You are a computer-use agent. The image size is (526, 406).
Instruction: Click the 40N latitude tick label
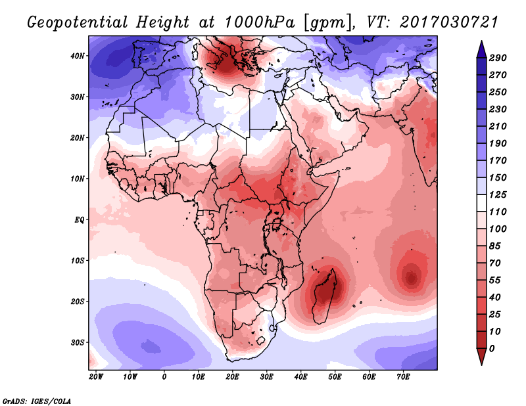[x=78, y=56]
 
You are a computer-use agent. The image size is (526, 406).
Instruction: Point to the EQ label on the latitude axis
[x=80, y=220]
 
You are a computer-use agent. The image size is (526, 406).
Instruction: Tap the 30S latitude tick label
[x=78, y=343]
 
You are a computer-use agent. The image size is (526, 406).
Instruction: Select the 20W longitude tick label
[x=96, y=377]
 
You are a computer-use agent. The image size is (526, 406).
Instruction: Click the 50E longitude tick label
[x=335, y=377]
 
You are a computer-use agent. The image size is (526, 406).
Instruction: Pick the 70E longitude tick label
[x=403, y=377]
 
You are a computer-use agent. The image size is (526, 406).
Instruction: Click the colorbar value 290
[x=498, y=58]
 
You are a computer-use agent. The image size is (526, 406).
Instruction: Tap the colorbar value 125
[x=498, y=194]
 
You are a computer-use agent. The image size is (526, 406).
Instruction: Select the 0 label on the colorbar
[x=492, y=349]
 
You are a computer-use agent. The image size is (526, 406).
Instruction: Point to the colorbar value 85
[x=495, y=246]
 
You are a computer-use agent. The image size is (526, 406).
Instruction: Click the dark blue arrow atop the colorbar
[x=481, y=49]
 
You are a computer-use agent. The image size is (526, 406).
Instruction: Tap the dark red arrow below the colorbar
[x=481, y=357]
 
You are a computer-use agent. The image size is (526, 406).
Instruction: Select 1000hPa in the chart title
[x=260, y=22]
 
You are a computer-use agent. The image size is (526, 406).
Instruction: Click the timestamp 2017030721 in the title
[x=449, y=22]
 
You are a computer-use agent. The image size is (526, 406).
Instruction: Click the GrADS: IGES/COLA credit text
[x=37, y=401]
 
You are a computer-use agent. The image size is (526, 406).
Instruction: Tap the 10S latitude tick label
[x=78, y=261]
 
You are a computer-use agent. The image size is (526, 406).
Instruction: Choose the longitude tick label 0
[x=164, y=377]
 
